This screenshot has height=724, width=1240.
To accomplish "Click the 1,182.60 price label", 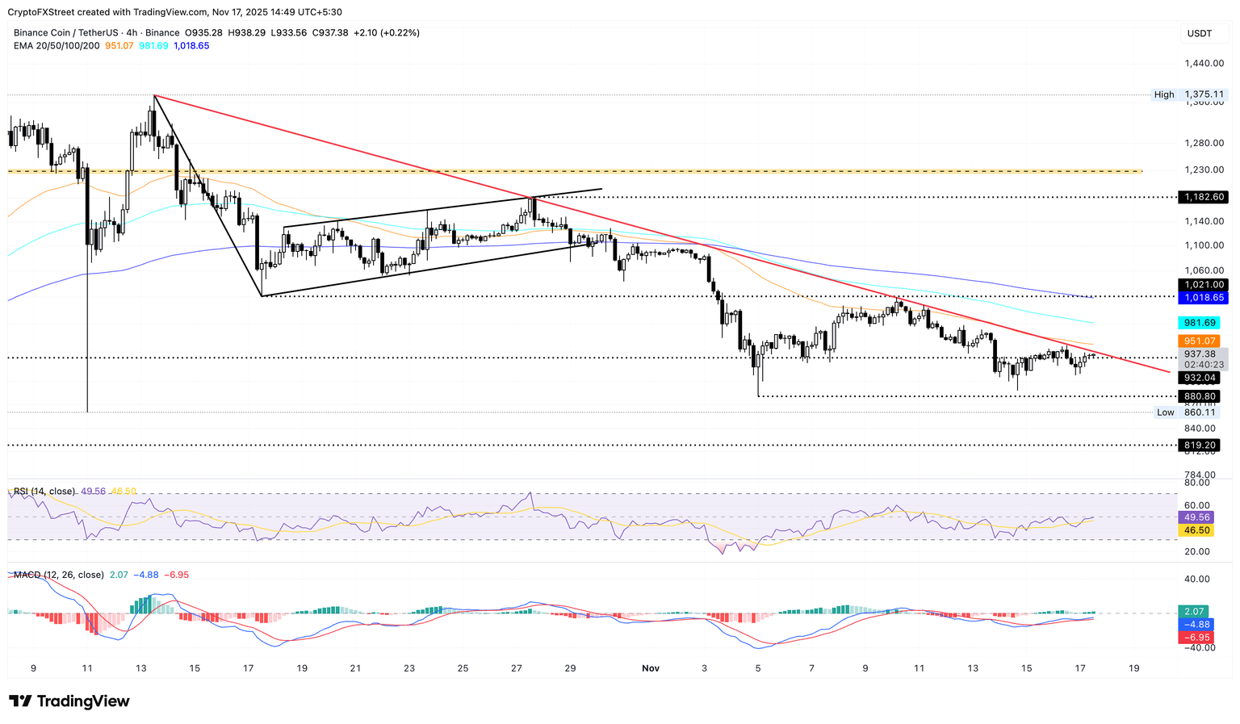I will pyautogui.click(x=1204, y=197).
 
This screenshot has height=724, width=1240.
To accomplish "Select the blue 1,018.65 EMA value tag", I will pyautogui.click(x=1204, y=298).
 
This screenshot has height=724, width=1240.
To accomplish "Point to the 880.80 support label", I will pyautogui.click(x=1201, y=396).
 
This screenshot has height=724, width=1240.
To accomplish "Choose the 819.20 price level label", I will pyautogui.click(x=1201, y=445).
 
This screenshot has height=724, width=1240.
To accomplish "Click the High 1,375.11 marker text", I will pyautogui.click(x=1189, y=94).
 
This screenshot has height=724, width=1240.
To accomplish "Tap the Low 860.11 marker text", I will pyautogui.click(x=1189, y=412).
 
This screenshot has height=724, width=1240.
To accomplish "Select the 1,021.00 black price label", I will pyautogui.click(x=1204, y=285).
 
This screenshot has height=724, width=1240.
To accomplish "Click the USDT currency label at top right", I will pyautogui.click(x=1199, y=33).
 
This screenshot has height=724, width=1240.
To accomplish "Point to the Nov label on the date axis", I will pyautogui.click(x=651, y=668).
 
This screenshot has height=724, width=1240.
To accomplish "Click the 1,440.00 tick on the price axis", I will pyautogui.click(x=1204, y=63).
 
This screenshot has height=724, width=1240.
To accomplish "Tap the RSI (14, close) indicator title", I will pyautogui.click(x=44, y=492).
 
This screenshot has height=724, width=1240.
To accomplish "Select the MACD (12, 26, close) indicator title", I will pyautogui.click(x=59, y=575).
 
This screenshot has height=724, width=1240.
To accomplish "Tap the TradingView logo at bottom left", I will pyautogui.click(x=69, y=701).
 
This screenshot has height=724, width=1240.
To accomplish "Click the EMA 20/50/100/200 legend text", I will pyautogui.click(x=57, y=46).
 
